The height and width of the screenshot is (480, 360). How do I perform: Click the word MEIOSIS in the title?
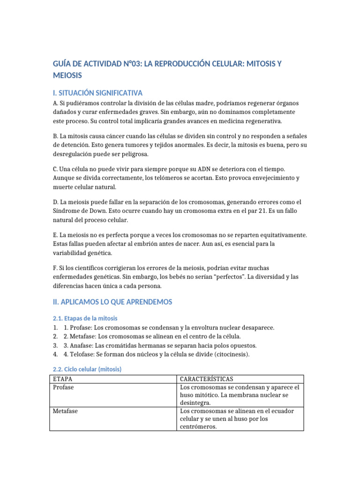[67, 75]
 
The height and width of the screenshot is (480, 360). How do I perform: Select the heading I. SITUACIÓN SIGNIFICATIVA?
[98, 93]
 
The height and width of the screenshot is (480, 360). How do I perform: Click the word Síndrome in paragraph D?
[67, 211]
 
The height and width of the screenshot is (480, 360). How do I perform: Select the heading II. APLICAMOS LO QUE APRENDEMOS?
[112, 302]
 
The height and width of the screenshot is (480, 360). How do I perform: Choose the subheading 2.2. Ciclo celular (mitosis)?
[89, 369]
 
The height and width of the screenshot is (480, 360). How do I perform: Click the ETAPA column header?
[62, 379]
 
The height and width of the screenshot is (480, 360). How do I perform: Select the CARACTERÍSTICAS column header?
[207, 379]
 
